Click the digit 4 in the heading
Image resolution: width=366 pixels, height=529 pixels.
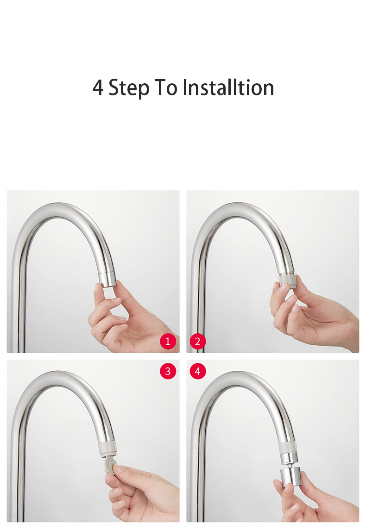98,87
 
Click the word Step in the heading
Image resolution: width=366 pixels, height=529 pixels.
129,88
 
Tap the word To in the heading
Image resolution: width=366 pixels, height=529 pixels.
165,87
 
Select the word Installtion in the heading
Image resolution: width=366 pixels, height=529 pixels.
228,87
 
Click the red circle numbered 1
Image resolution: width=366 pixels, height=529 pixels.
168,342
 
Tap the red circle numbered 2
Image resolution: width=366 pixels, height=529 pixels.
197,342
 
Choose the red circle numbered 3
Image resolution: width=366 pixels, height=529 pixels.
168,371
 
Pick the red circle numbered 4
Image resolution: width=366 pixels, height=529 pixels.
197,371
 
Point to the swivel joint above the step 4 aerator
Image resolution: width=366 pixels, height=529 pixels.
289,460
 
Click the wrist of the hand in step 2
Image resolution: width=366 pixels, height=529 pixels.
351,332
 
